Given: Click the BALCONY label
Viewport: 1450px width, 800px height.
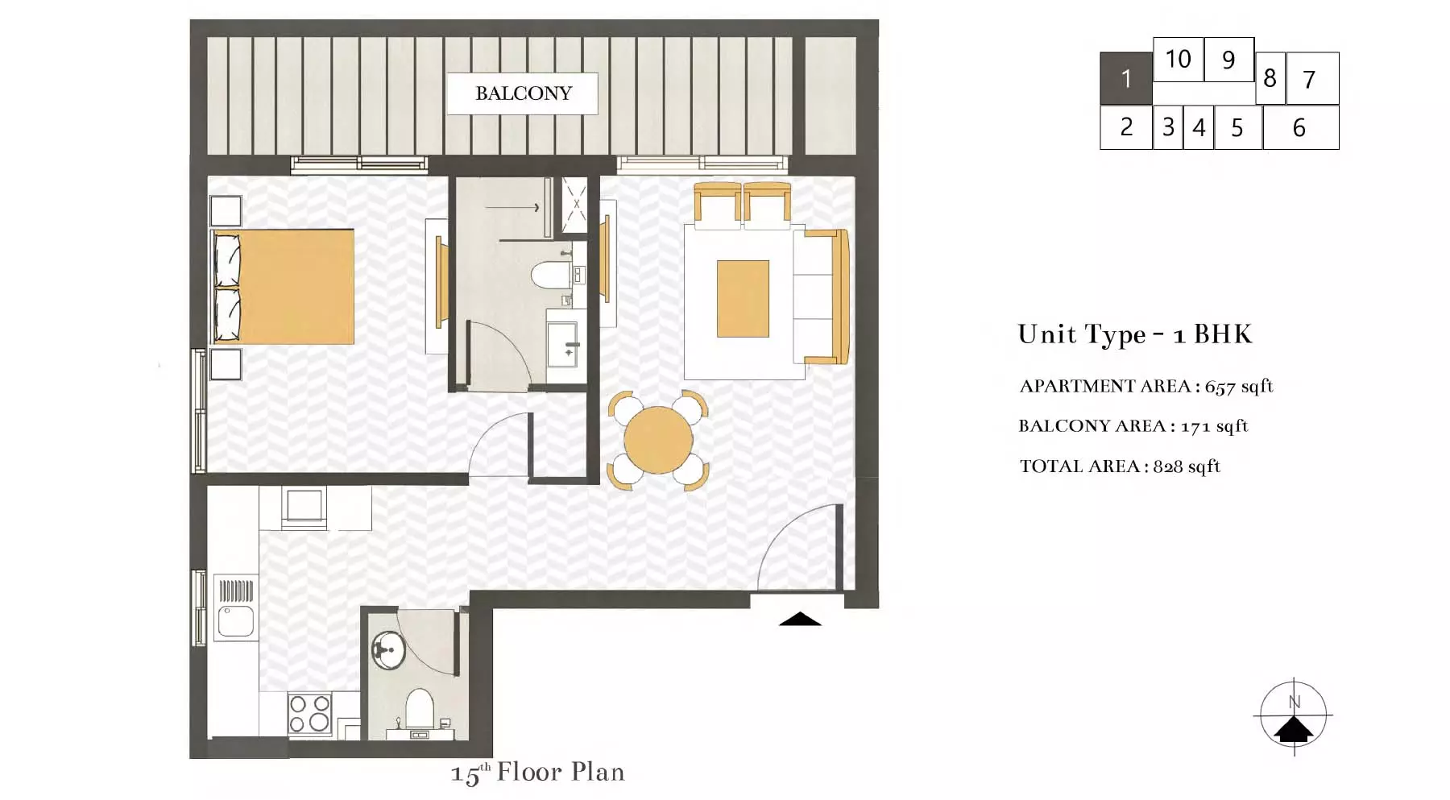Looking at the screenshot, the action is pos(524,93).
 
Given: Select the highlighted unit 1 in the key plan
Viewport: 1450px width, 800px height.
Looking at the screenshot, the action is pos(1126,78).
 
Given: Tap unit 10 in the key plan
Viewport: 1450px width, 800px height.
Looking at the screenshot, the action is pos(1179,59).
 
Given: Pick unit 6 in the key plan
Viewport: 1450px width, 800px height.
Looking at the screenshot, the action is pos(1300,127).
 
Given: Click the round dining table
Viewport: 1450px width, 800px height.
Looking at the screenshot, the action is pos(658,440).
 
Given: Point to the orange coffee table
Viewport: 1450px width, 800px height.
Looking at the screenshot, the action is pos(743,298).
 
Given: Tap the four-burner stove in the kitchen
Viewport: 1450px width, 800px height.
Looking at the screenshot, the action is pos(309,713).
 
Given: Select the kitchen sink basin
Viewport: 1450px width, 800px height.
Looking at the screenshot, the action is pos(236,621).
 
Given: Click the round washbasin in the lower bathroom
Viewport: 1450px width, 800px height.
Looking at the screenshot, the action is pos(389,649).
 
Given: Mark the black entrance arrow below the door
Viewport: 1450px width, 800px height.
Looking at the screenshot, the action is pos(800,619).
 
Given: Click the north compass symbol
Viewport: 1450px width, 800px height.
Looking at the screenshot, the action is pos(1294,716).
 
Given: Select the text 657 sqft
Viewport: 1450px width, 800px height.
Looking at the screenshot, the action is pos(1239,387).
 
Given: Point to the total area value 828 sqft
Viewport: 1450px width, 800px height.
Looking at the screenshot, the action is pos(1187,466).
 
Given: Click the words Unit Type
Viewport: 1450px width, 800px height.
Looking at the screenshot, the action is pos(1082,334).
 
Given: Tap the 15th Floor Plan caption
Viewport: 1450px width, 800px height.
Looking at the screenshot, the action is pos(538,773).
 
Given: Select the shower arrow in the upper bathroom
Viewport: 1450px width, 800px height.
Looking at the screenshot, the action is pos(512,208).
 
